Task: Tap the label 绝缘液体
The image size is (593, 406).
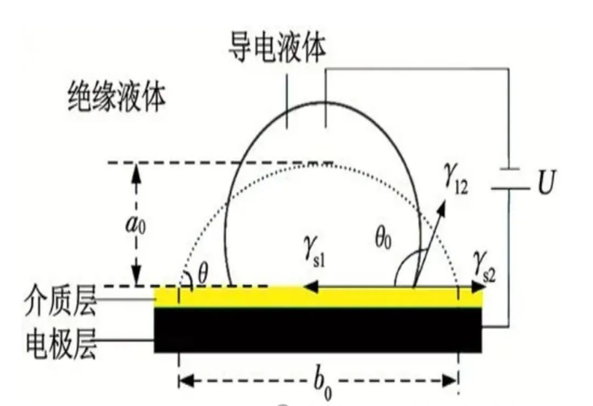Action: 117,97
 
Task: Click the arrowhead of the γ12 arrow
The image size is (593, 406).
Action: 441,204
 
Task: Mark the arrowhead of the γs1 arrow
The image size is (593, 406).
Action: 309,287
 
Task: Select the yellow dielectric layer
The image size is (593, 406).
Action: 318,297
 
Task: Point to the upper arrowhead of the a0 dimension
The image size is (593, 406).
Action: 137,173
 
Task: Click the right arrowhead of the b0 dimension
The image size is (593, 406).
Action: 450,381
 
